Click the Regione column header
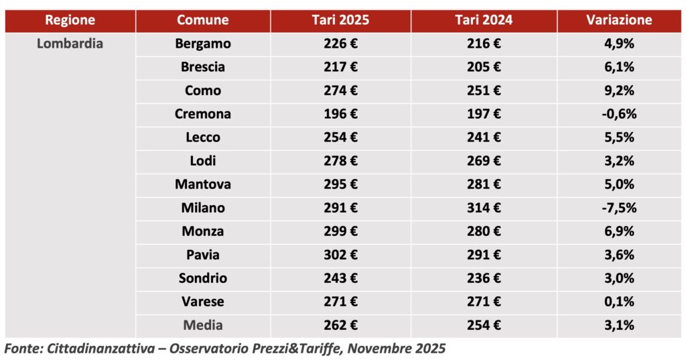[x=70, y=20]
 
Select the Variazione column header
[x=618, y=20]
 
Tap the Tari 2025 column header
[x=340, y=20]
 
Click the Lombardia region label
[x=70, y=44]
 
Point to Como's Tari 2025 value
[x=340, y=91]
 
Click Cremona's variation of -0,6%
[x=618, y=114]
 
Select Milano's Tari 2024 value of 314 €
[x=483, y=208]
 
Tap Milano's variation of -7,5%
[x=618, y=208]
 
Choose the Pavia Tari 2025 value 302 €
[x=340, y=255]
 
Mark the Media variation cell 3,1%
[x=618, y=325]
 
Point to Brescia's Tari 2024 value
[x=483, y=67]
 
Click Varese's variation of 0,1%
[x=618, y=302]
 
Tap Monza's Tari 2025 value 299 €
[x=340, y=231]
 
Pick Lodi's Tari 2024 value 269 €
[x=483, y=161]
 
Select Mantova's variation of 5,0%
[x=618, y=184]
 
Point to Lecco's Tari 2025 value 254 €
[x=340, y=137]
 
